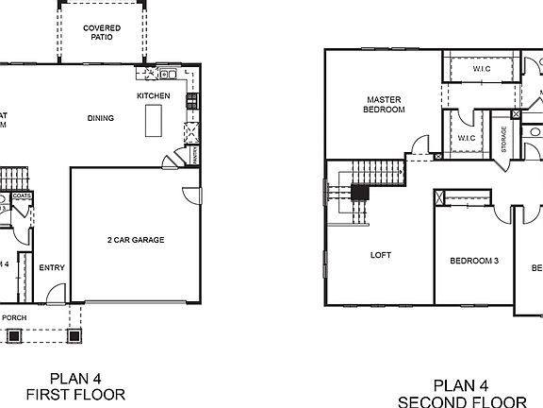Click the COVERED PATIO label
tap(101, 32)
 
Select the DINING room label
tap(101, 118)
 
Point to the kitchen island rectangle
tap(153, 120)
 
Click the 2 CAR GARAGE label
tap(135, 240)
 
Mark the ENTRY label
tap(51, 267)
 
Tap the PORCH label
tap(14, 317)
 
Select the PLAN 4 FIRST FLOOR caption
tap(74, 385)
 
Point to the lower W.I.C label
tap(467, 138)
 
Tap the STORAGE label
tap(505, 139)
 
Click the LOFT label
tap(380, 255)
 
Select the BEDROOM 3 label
tap(473, 261)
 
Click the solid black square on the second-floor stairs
tap(358, 191)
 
